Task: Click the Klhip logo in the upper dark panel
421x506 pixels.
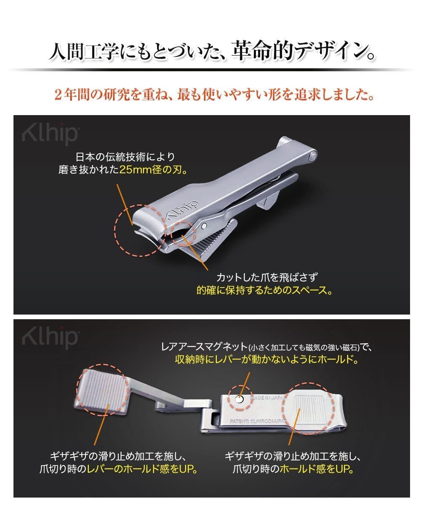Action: (x=49, y=134)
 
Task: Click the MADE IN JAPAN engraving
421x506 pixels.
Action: (x=266, y=398)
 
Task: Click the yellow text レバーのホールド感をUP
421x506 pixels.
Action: (x=143, y=469)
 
